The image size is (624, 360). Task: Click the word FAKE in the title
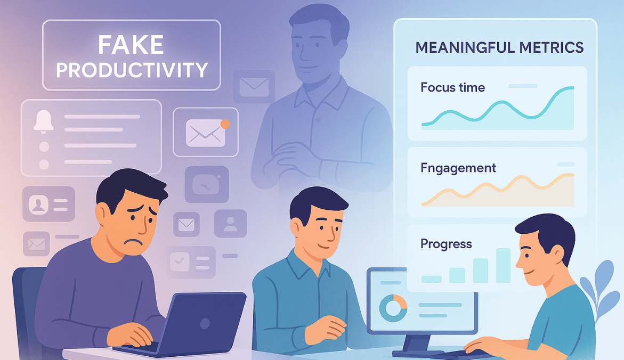[131, 45]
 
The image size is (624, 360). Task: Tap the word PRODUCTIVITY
[131, 70]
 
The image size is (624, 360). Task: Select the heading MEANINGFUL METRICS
[499, 47]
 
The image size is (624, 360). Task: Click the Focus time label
[452, 87]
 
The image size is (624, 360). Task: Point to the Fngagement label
[458, 168]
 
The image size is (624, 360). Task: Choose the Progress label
[446, 244]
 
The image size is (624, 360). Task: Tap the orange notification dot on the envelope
[225, 124]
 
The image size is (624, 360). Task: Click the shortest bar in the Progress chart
[431, 279]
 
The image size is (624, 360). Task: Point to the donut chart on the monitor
[393, 308]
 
